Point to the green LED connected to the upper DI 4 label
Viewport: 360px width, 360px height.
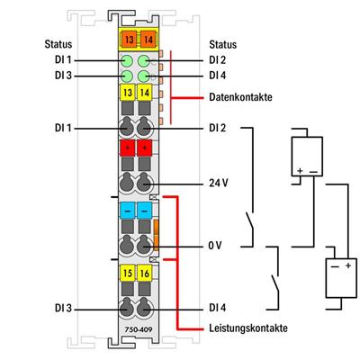(x=143, y=76)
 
